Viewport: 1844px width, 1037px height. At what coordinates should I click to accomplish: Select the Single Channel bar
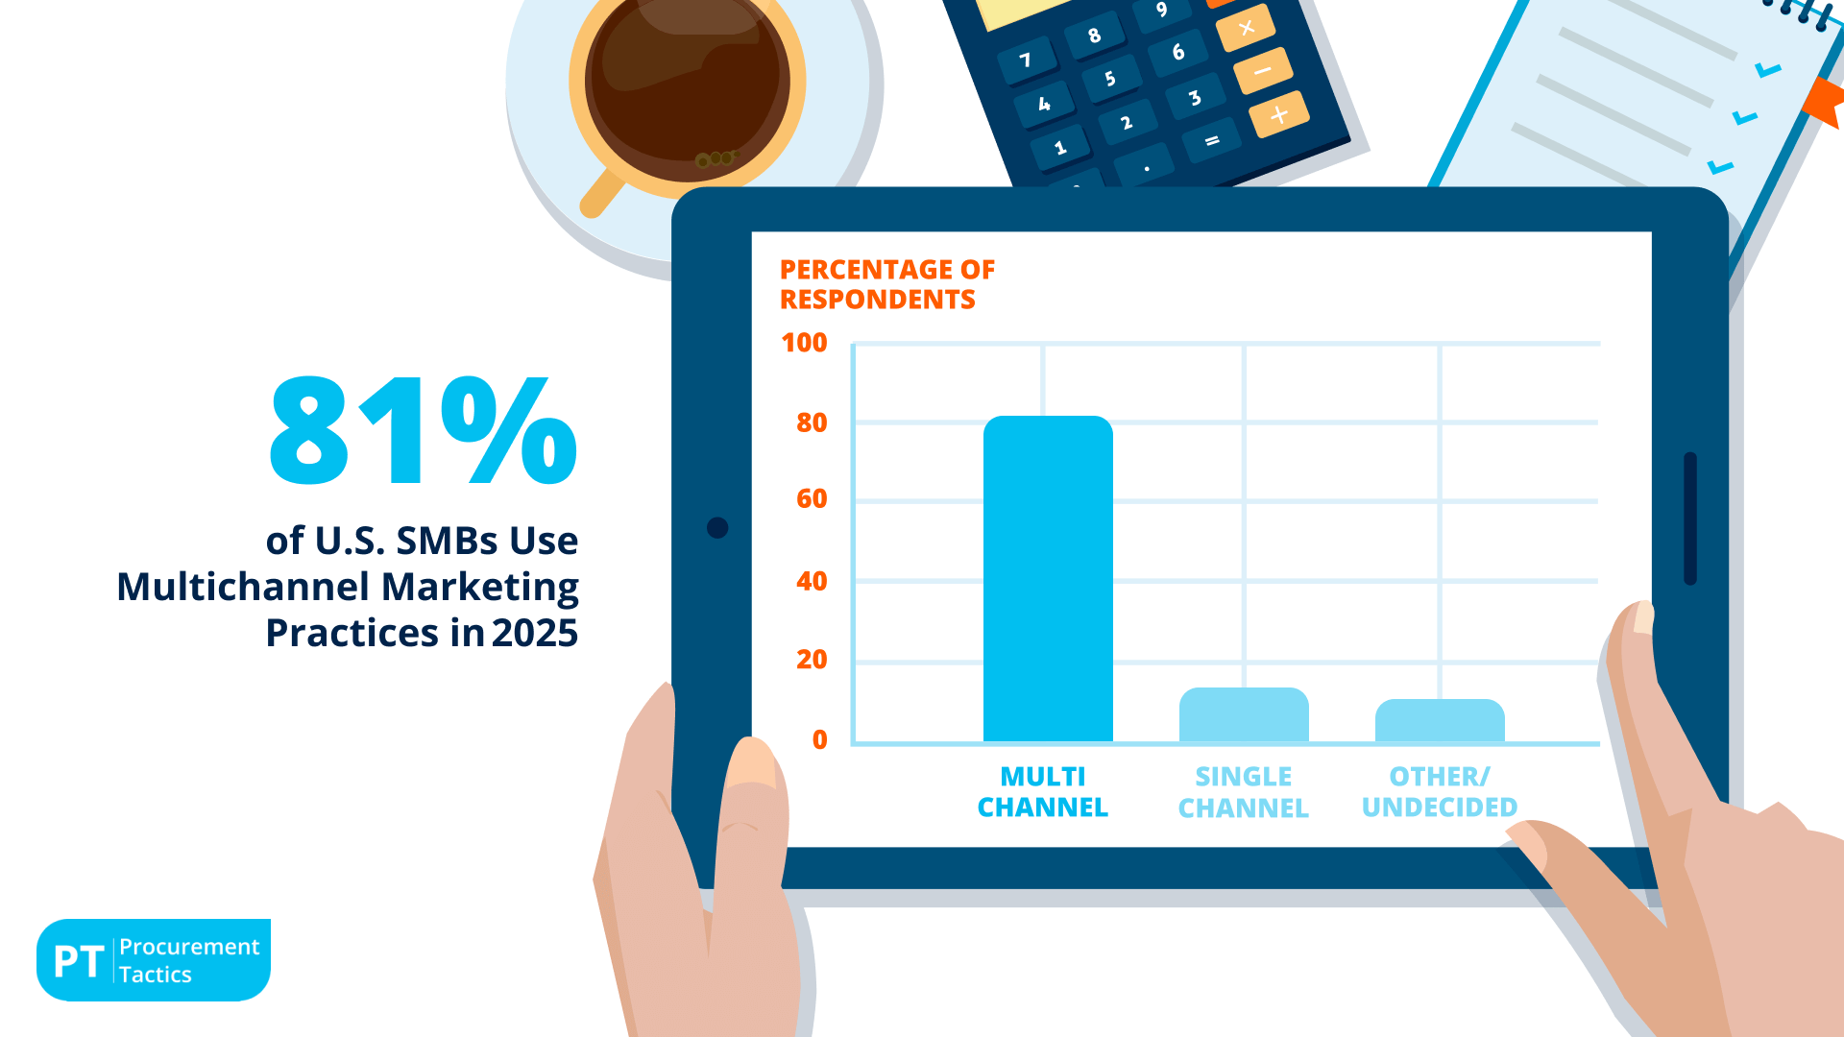[1244, 714]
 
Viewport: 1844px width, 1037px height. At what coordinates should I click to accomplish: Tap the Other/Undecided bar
[1440, 720]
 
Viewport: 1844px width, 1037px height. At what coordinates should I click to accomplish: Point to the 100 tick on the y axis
[804, 343]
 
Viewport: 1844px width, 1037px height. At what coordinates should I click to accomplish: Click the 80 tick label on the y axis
[812, 422]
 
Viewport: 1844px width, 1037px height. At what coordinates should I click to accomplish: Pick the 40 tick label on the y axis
[812, 581]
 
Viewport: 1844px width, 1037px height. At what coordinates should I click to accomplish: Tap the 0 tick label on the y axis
[819, 739]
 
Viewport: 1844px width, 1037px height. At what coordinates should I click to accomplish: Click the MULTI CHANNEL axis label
[1043, 791]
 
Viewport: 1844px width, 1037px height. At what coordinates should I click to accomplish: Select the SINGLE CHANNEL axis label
[1244, 792]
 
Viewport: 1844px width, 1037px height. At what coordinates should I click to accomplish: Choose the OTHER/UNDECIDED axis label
[1440, 791]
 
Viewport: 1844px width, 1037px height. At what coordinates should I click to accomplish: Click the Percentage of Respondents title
[886, 284]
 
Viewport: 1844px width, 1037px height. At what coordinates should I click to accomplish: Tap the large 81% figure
[423, 430]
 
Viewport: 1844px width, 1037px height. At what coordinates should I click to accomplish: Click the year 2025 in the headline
[535, 634]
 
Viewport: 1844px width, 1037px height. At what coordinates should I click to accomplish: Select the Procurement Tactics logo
[154, 960]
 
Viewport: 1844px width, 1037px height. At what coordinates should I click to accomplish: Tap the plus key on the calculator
[1278, 115]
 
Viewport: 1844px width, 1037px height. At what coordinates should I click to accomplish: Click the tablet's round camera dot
[717, 527]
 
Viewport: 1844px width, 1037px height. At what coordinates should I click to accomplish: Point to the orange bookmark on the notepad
[1826, 101]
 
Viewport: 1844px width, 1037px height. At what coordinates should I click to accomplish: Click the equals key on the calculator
[1211, 141]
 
